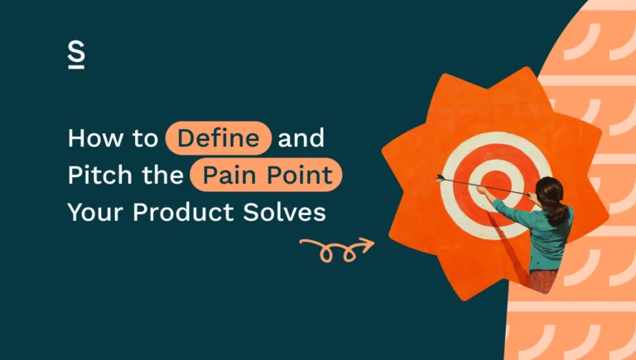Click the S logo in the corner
76,55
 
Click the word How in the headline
92,138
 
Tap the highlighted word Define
219,138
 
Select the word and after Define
302,138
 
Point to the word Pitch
96,175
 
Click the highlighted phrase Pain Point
265,175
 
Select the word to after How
142,138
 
